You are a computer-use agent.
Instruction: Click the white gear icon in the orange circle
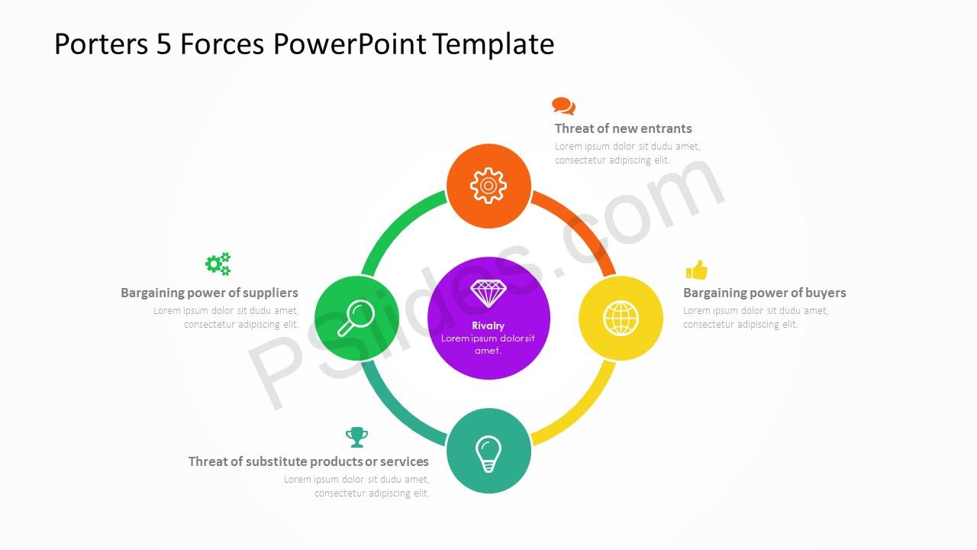click(488, 186)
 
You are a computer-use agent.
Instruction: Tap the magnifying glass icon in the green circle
click(356, 318)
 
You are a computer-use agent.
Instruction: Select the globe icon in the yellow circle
click(621, 319)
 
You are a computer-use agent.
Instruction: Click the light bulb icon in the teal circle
click(488, 454)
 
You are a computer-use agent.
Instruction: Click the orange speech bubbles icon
click(563, 105)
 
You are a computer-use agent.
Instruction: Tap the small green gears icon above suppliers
click(218, 264)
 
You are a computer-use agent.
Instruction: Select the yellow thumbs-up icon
click(697, 270)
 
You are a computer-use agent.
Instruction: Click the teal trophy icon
click(356, 437)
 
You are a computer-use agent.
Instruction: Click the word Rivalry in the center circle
click(488, 325)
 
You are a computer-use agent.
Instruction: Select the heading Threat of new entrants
click(623, 128)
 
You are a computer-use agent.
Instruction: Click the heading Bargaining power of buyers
click(764, 293)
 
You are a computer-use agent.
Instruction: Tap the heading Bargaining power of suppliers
click(209, 293)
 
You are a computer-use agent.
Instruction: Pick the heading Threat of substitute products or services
click(308, 461)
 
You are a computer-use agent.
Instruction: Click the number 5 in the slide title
click(163, 44)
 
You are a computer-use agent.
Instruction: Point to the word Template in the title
click(493, 44)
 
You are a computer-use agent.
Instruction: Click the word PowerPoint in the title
click(350, 44)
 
